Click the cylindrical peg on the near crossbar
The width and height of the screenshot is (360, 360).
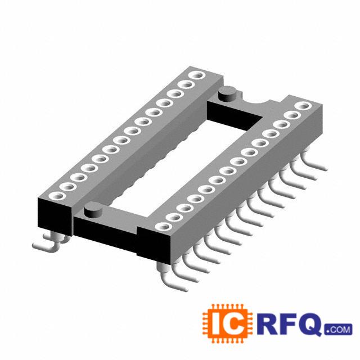(x=93, y=209)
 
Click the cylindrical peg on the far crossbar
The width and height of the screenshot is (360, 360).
(x=228, y=93)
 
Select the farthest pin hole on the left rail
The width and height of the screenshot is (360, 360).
(x=196, y=75)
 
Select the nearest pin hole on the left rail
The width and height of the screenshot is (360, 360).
(x=56, y=196)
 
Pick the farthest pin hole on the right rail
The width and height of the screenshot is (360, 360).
(x=303, y=106)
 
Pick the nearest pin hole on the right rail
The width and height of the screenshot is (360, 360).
(x=163, y=226)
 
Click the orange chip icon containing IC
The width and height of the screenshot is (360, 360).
(x=227, y=324)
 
